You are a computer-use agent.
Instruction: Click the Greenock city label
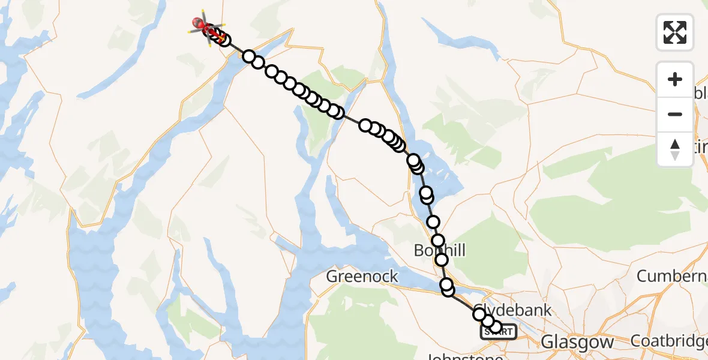(x=362, y=276)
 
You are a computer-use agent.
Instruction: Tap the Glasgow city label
(x=577, y=342)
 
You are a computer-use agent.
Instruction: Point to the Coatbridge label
(x=668, y=341)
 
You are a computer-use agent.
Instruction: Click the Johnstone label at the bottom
(x=464, y=356)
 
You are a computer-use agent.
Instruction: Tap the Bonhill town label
(x=439, y=250)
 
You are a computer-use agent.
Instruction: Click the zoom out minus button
(x=675, y=114)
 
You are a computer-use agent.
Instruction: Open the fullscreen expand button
(x=675, y=32)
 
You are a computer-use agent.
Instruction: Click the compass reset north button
(x=675, y=149)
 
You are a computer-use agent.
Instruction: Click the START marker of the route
(x=498, y=331)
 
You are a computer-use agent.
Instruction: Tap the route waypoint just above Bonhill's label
(x=438, y=241)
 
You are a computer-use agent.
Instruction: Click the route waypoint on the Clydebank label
(x=479, y=314)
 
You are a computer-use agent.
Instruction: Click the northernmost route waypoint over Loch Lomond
(x=413, y=160)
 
